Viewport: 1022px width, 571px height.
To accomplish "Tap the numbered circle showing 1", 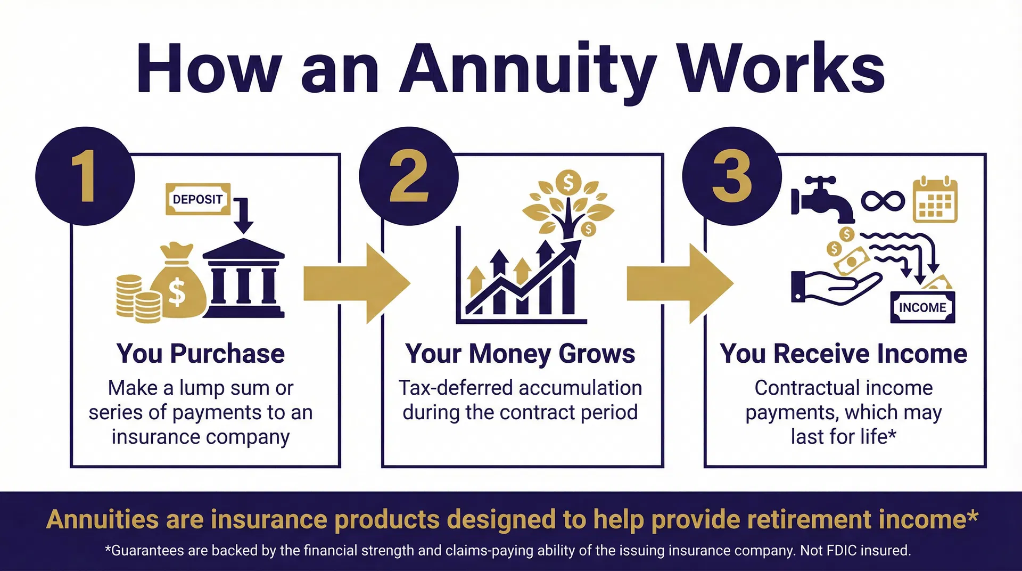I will (x=85, y=176).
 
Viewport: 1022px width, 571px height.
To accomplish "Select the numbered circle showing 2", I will (x=409, y=176).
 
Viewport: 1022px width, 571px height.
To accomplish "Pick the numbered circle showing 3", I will (x=732, y=176).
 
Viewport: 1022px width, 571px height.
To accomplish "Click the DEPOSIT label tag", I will (x=198, y=199).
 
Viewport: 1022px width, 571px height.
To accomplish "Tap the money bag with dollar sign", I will (x=178, y=282).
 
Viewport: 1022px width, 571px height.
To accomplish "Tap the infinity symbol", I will (x=883, y=201).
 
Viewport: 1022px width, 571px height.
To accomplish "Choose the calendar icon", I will (x=935, y=201).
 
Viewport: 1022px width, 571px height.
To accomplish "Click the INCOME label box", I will (x=922, y=307).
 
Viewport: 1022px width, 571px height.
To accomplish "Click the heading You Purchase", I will (x=201, y=354).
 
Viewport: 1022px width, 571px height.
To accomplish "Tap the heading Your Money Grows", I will (x=520, y=354).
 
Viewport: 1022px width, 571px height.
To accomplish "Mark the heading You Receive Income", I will (x=844, y=354).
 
